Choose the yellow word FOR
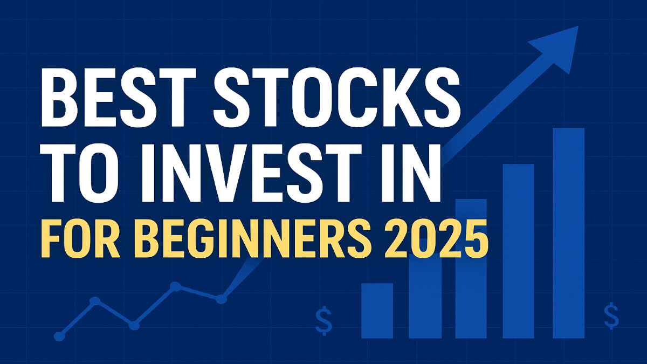click(x=75, y=242)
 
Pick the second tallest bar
click(x=518, y=251)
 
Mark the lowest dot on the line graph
click(x=60, y=336)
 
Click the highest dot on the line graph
click(x=175, y=286)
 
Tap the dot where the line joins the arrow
click(x=221, y=298)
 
